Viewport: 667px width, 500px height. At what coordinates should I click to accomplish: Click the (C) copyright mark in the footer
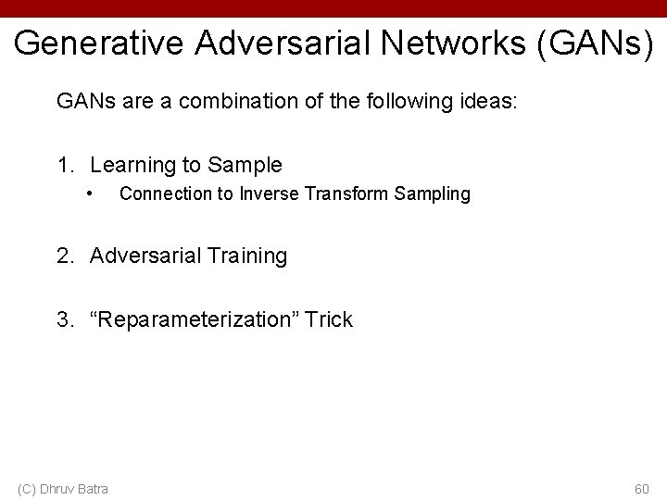point(27,488)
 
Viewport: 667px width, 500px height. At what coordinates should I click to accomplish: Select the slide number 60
point(641,488)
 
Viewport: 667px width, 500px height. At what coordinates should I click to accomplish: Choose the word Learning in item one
point(125,166)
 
